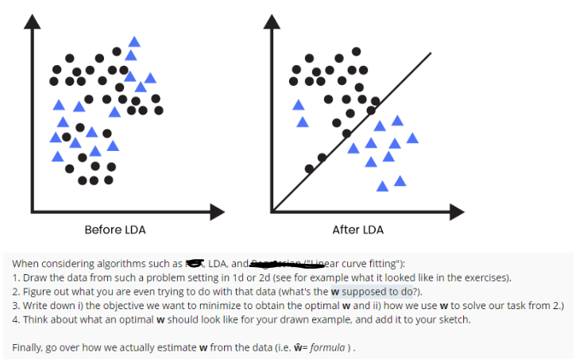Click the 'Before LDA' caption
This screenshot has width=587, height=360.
click(115, 230)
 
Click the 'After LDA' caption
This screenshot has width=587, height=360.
click(357, 230)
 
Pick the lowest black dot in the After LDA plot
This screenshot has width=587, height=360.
click(309, 168)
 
